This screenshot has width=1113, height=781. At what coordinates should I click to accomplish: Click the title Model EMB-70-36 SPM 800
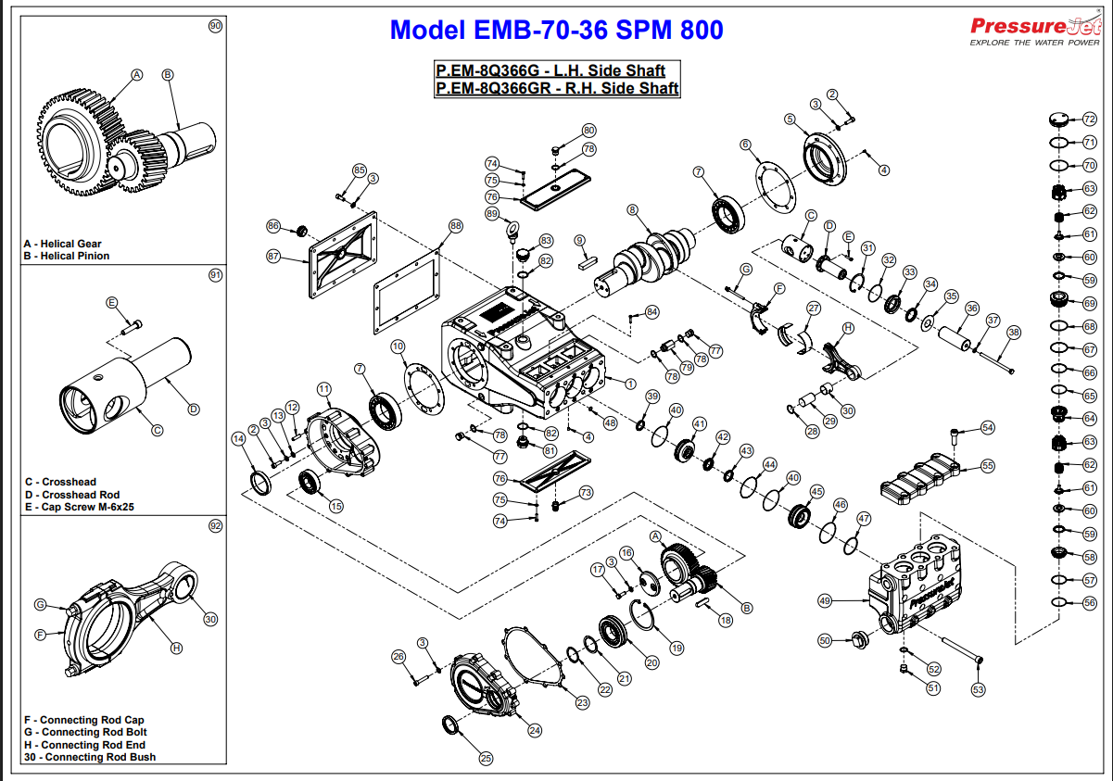tap(556, 30)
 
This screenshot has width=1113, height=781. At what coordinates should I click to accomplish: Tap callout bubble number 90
tap(216, 27)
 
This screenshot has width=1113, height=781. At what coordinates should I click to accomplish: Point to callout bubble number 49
tap(825, 600)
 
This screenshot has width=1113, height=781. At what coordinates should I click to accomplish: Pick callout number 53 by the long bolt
tap(978, 689)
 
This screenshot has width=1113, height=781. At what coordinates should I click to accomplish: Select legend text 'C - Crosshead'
tap(60, 482)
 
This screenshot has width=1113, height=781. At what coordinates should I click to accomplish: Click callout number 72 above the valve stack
tap(1090, 120)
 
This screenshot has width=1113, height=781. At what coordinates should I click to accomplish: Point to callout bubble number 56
tap(1090, 602)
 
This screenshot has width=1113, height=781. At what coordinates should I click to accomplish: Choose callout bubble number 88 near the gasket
tap(455, 225)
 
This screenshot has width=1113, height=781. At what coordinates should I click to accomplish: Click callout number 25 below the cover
tap(487, 757)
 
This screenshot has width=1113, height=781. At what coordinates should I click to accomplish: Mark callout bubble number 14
tap(240, 438)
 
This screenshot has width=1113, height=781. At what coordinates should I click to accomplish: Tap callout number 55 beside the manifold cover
tap(988, 465)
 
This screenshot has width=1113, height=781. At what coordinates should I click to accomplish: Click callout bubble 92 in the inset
tap(216, 525)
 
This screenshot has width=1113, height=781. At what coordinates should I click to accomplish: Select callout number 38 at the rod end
tap(1013, 332)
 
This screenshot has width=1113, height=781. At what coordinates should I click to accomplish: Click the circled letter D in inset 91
tap(194, 409)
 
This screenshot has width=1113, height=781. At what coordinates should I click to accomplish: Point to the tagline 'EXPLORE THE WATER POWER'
tap(1034, 43)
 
